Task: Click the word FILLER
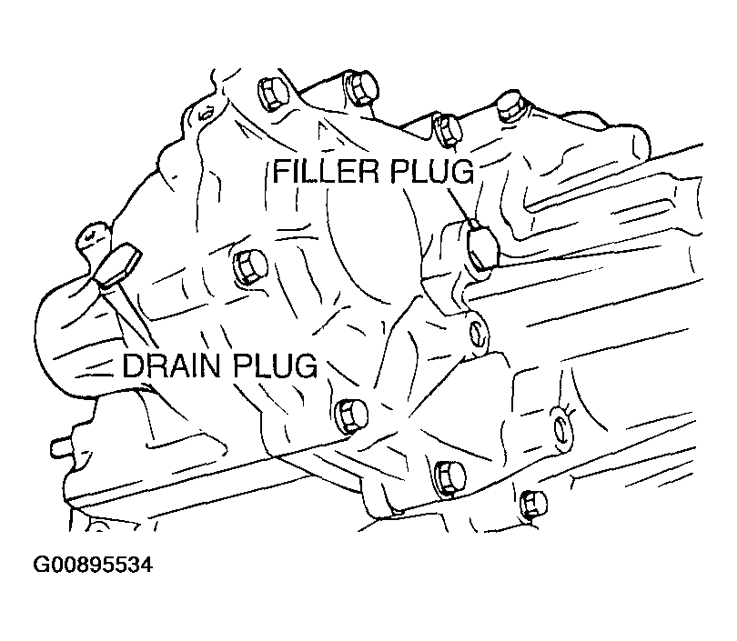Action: (325, 172)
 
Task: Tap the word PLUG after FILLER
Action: (431, 172)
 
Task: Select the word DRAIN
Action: (171, 366)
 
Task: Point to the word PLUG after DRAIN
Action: (275, 366)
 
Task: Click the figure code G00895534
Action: (93, 565)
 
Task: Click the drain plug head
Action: (117, 265)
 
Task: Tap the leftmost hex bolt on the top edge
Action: (273, 93)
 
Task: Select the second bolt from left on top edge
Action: (362, 89)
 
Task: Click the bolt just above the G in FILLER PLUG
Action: (449, 129)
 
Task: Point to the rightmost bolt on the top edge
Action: (511, 106)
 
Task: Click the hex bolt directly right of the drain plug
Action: (250, 267)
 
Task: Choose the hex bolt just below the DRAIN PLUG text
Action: (350, 416)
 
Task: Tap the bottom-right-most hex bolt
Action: (534, 504)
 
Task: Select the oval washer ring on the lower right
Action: (561, 427)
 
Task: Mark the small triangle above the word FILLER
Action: (321, 131)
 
